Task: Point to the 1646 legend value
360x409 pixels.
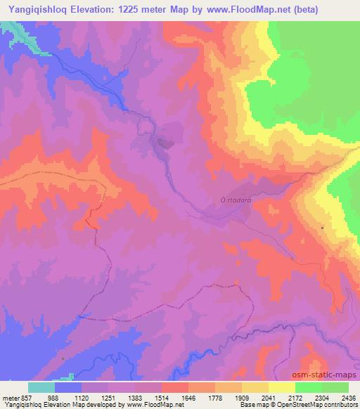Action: point(188,397)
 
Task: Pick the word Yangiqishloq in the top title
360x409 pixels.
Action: point(38,10)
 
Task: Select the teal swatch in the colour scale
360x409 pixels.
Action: point(41,388)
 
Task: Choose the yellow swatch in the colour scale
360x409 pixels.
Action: point(282,388)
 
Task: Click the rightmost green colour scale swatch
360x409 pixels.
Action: point(335,388)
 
